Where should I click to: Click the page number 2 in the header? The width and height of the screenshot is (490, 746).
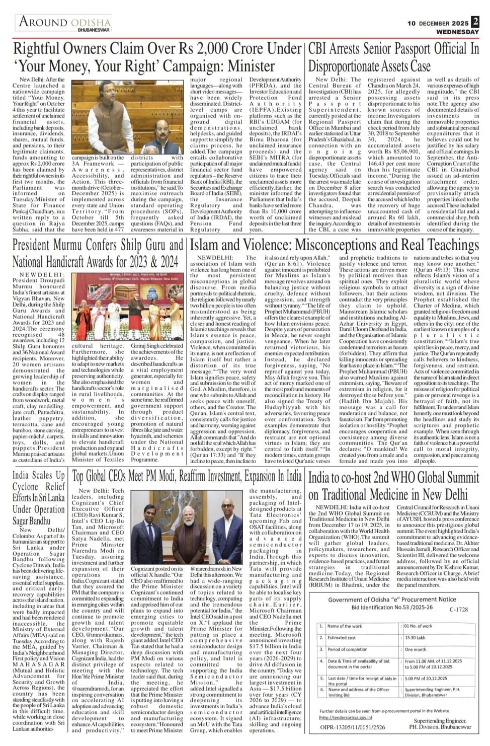tap(475, 22)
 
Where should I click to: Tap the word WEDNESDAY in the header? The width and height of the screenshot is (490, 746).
tap(457, 32)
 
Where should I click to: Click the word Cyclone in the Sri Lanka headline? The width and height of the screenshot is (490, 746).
tap(26, 487)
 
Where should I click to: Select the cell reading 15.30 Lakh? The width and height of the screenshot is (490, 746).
tap(418, 637)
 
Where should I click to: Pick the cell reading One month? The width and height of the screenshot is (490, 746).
tap(416, 649)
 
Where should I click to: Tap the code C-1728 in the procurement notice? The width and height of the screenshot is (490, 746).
tap(458, 610)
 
